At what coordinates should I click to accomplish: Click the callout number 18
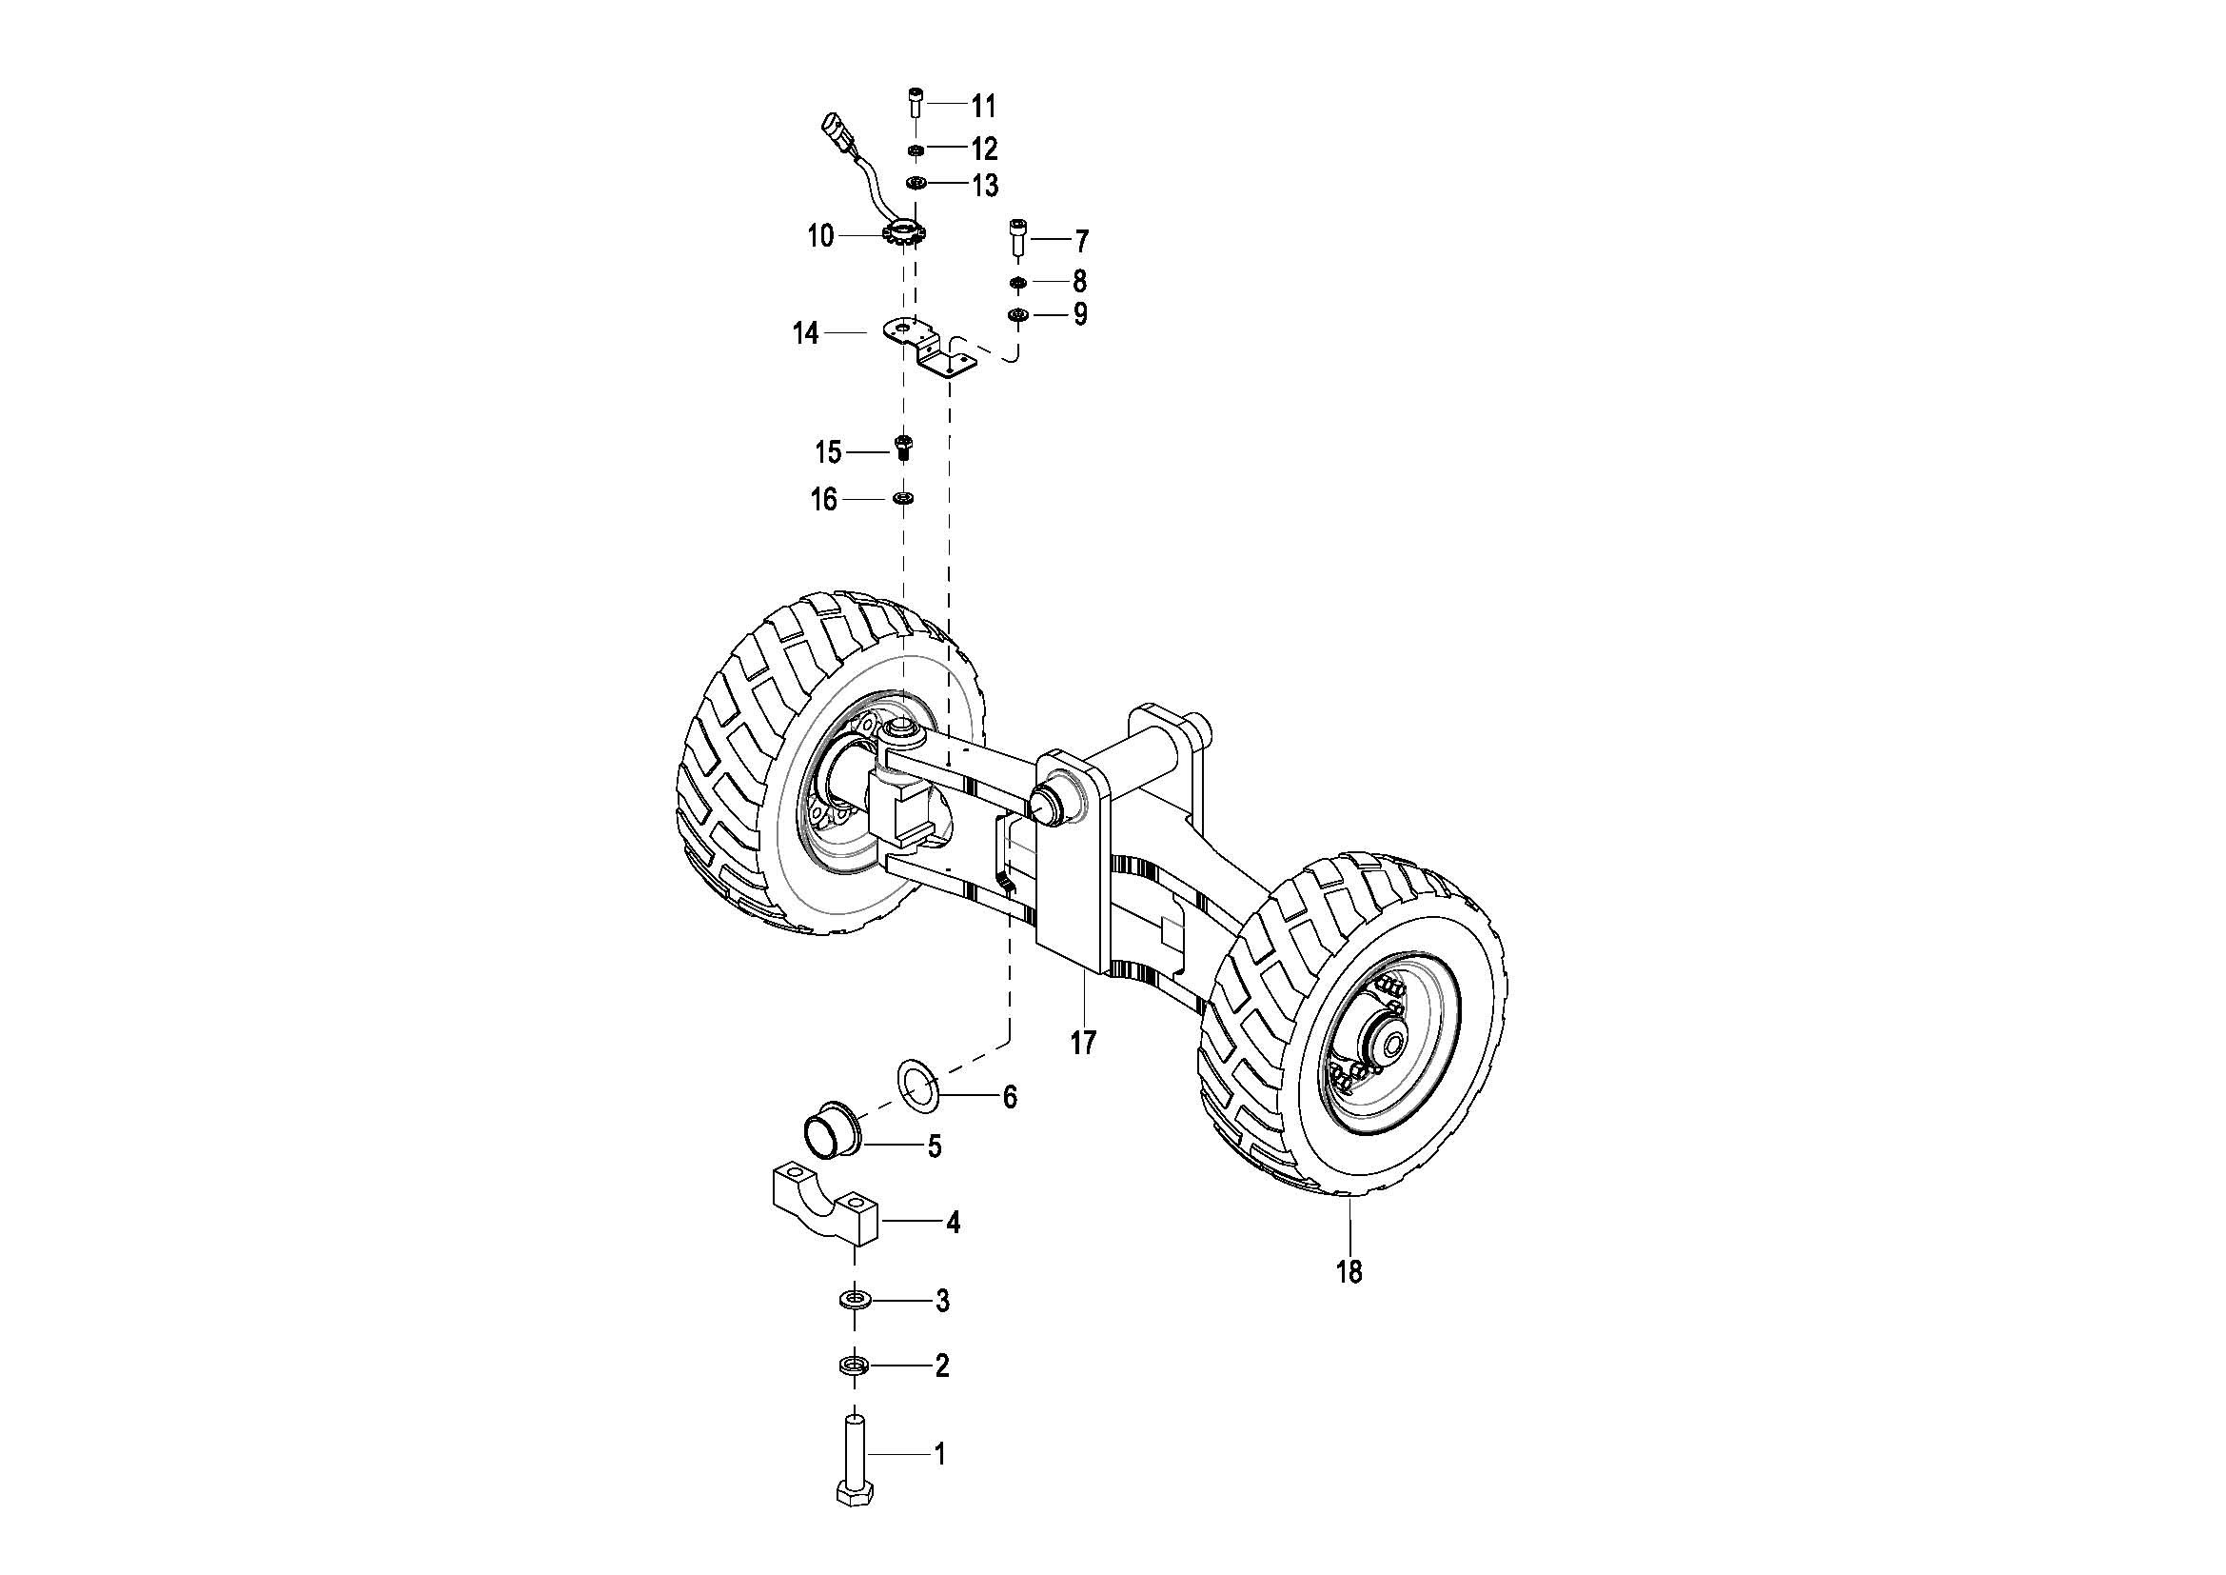(x=1349, y=1271)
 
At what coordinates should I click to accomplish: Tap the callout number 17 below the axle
(x=1083, y=1043)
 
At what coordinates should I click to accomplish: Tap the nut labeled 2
(x=853, y=1366)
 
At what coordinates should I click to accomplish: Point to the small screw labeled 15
(x=903, y=449)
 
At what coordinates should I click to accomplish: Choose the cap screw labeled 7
(x=1017, y=237)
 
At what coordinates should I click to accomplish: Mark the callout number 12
(x=984, y=150)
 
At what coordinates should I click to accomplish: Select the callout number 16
(x=824, y=501)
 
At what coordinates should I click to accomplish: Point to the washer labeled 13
(x=915, y=183)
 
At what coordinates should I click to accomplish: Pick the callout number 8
(x=1079, y=282)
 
